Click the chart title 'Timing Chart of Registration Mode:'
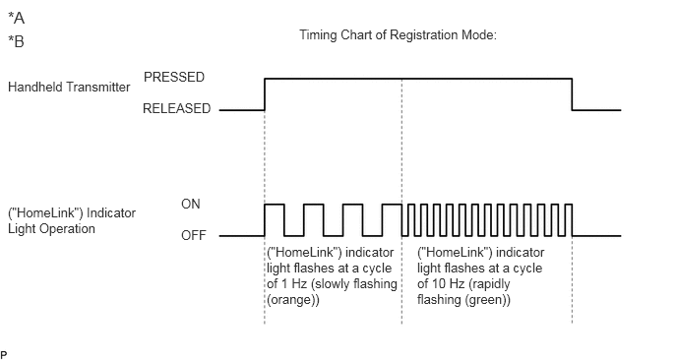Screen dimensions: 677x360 (398, 35)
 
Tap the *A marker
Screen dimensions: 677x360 (17, 18)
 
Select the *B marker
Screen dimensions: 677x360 (17, 41)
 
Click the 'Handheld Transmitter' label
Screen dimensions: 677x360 (69, 87)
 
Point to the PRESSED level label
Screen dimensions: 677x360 (174, 77)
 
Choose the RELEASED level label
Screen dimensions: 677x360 (176, 108)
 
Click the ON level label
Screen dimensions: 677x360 (191, 204)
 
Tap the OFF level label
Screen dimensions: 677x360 (194, 235)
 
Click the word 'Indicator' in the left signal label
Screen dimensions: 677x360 (111, 212)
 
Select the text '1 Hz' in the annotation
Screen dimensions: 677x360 (293, 283)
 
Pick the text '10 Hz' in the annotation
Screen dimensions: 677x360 (448, 283)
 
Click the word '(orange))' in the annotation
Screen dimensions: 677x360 (293, 300)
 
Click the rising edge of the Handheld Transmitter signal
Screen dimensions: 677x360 (265, 94)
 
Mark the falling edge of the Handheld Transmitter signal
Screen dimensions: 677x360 (572, 94)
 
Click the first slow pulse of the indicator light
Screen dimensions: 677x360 (275, 205)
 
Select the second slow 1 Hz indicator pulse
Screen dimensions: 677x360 (314, 205)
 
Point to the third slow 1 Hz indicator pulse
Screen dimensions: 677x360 (352, 205)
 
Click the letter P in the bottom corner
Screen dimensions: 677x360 (4, 355)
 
